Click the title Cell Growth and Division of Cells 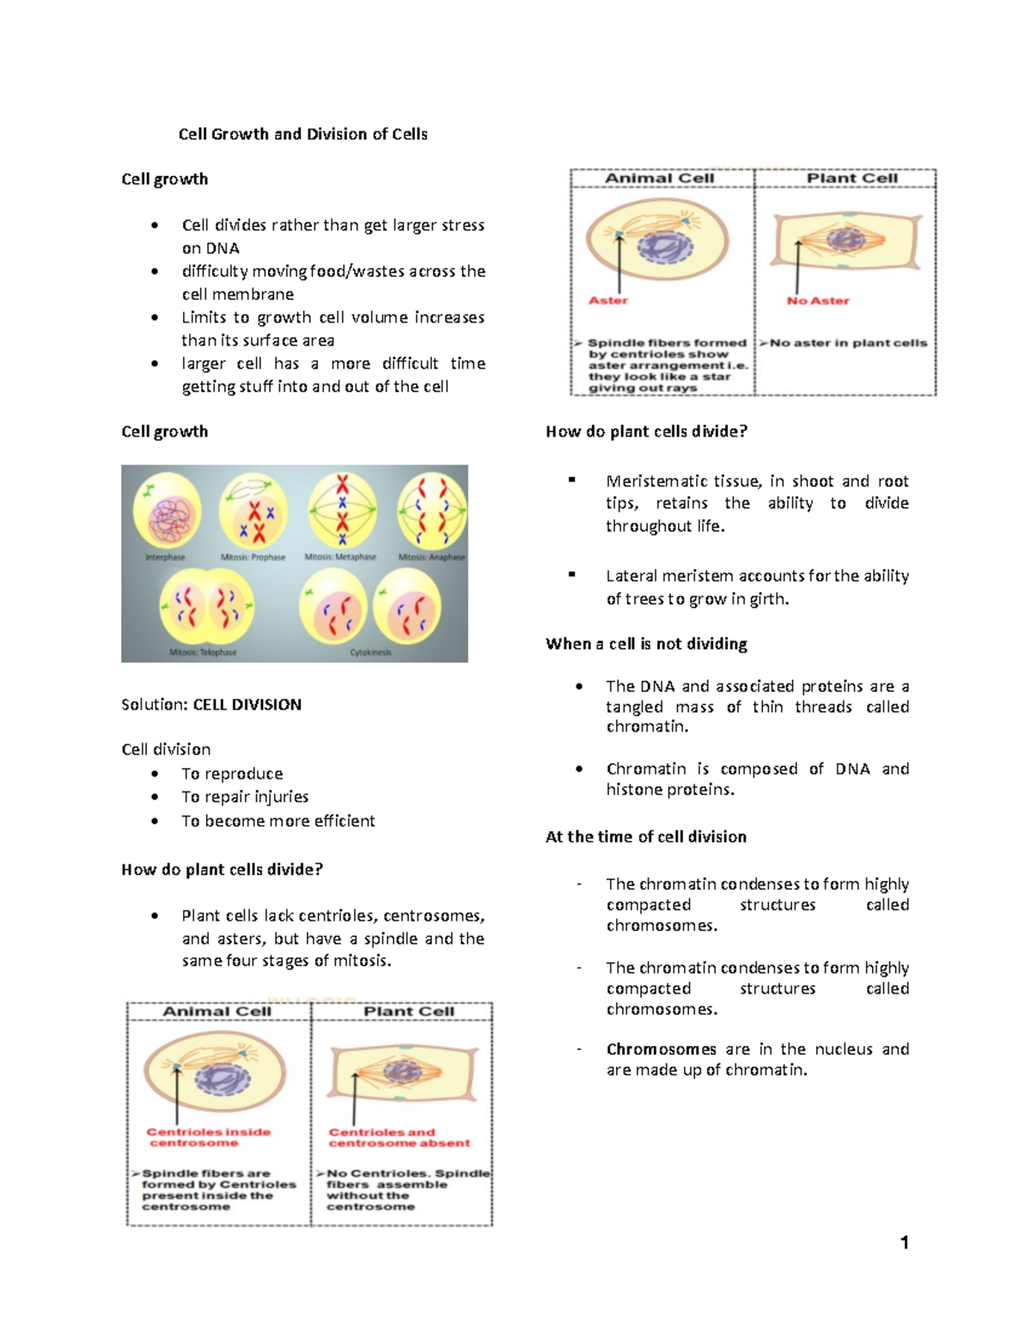(x=302, y=134)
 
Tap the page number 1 (x=904, y=1242)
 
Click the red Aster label (x=608, y=301)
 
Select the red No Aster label (x=818, y=301)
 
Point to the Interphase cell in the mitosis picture (x=168, y=511)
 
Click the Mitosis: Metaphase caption (x=340, y=557)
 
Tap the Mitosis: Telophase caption (x=203, y=652)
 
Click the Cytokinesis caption (x=370, y=652)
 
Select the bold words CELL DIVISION (x=247, y=705)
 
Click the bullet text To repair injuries (x=245, y=797)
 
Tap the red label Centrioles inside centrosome (x=208, y=1137)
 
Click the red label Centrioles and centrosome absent (x=399, y=1137)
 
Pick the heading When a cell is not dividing (x=646, y=644)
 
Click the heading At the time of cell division (x=646, y=837)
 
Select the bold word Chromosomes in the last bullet (x=661, y=1050)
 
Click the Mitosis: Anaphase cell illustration (x=431, y=511)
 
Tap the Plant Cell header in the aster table (x=851, y=178)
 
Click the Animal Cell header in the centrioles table (x=217, y=1012)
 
